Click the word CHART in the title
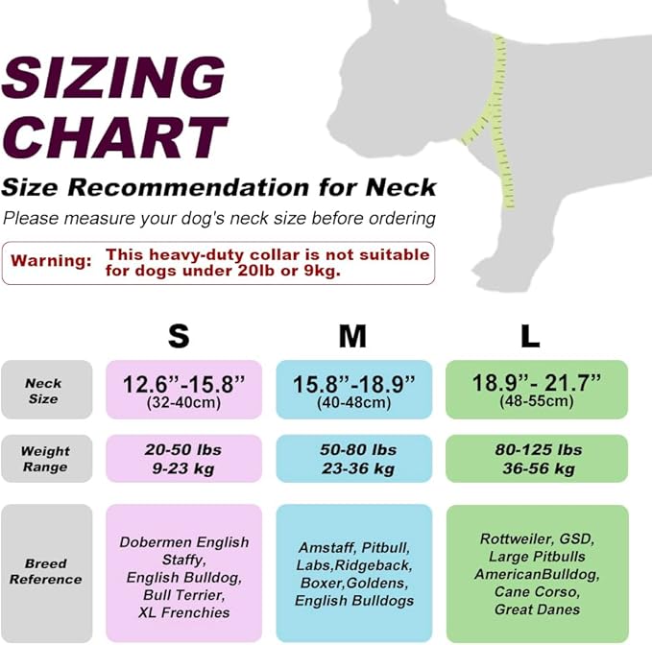tap(115, 137)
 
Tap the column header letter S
tap(179, 336)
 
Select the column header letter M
tap(352, 336)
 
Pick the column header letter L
tap(530, 336)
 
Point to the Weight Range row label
tap(45, 459)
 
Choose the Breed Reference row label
tap(45, 572)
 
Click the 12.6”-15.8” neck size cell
tap(183, 390)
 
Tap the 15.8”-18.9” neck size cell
tap(354, 390)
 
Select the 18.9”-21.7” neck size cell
tap(537, 390)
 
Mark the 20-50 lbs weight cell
tap(183, 459)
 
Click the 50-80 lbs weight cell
tap(354, 459)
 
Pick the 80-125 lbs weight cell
tap(537, 459)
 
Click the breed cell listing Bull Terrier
tap(183, 577)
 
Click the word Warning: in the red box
tap(51, 261)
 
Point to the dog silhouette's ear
tap(385, 13)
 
